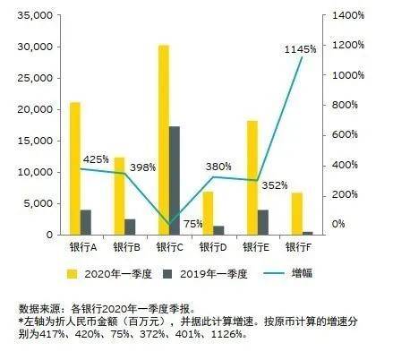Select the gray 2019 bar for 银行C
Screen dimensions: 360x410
point(175,180)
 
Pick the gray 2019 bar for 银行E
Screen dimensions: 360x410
point(262,222)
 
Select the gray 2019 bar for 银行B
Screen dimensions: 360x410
point(130,227)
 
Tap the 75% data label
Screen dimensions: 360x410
point(192,224)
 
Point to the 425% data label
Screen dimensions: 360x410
point(96,159)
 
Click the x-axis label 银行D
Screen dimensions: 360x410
point(212,246)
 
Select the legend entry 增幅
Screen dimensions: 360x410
point(301,272)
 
